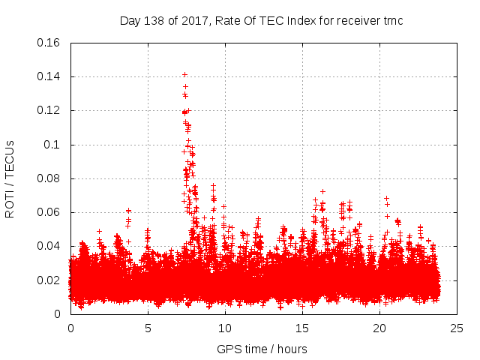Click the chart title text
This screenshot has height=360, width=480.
[261, 21]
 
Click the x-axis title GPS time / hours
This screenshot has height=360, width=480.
[261, 349]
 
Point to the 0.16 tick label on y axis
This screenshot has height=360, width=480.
[49, 43]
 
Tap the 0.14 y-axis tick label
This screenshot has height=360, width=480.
[49, 76]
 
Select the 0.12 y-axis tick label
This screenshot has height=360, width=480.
[49, 110]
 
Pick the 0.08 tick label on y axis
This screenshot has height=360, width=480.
[49, 178]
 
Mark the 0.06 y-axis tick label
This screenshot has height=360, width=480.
[49, 212]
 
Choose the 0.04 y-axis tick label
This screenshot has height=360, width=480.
[49, 246]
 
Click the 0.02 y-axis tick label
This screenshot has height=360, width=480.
[49, 280]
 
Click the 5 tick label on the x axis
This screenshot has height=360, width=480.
[148, 328]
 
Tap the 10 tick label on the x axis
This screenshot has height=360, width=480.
[225, 328]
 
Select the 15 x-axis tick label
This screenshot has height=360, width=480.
[302, 328]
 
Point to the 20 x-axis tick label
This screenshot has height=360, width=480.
[379, 328]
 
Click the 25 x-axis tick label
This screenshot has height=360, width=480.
[457, 328]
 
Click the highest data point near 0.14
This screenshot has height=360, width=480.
[184, 75]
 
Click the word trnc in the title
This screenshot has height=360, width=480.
[391, 21]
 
